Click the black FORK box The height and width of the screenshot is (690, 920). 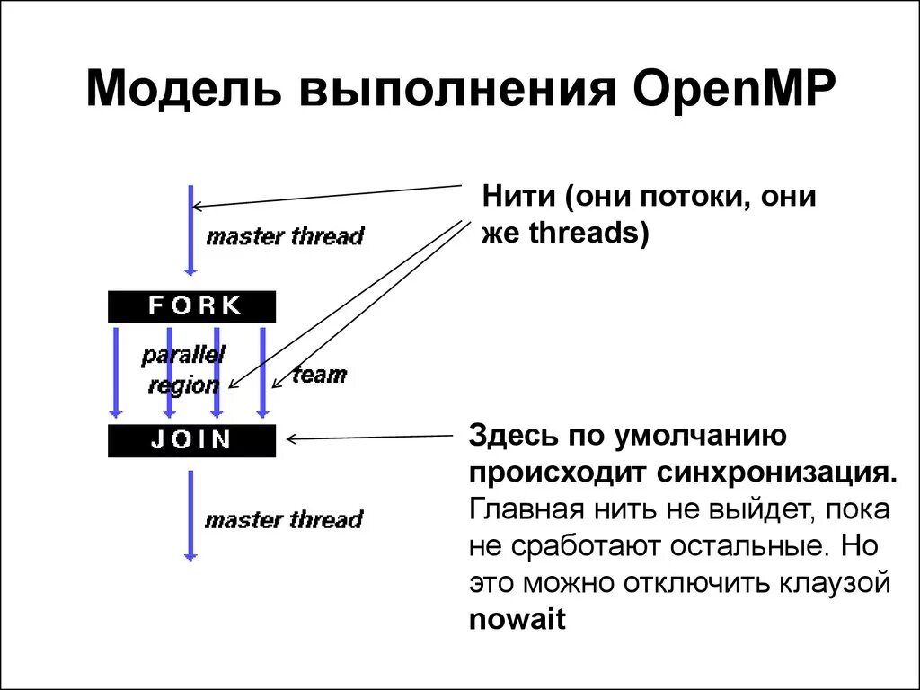click(191, 306)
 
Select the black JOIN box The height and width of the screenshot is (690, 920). click(191, 440)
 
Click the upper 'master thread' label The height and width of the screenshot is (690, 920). click(285, 236)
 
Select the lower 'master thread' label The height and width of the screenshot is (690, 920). click(283, 519)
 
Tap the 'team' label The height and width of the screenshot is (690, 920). click(319, 374)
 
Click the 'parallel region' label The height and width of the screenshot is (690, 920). click(183, 369)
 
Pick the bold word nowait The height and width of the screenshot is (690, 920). click(517, 619)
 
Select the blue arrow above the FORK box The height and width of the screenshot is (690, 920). click(190, 229)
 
